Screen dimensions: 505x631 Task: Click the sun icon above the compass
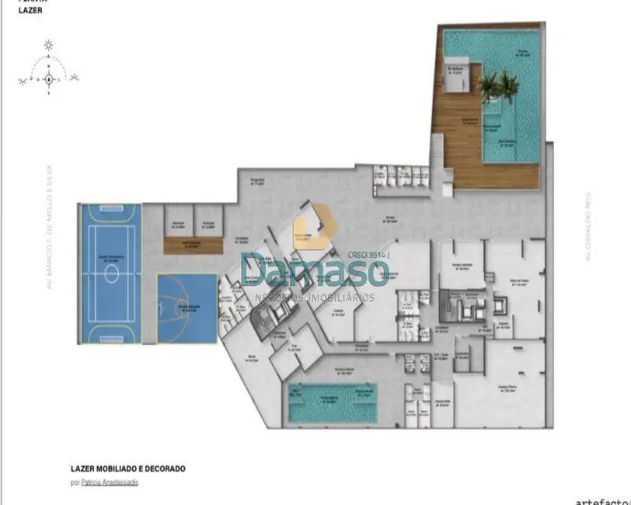click(x=48, y=44)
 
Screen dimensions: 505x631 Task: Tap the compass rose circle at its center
click(x=48, y=78)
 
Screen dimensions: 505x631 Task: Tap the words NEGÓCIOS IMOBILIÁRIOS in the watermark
click(x=315, y=297)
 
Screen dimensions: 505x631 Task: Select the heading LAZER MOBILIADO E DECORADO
click(x=127, y=469)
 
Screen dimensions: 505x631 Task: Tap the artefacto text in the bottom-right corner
click(x=602, y=500)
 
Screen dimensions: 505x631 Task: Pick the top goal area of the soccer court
click(x=110, y=211)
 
